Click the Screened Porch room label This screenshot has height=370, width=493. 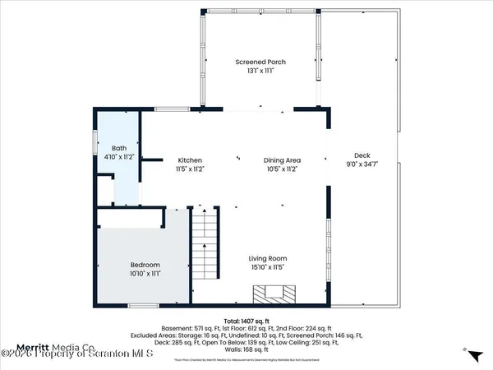(260, 62)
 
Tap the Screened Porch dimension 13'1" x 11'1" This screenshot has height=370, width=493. (260, 71)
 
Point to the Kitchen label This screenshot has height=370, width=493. (189, 160)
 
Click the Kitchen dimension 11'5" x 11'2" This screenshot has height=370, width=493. (189, 169)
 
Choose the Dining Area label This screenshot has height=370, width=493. (281, 160)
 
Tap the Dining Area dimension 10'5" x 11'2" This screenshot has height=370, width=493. (281, 169)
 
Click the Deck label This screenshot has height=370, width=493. (362, 155)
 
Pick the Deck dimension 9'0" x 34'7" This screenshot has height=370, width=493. (362, 164)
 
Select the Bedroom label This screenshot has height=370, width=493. (145, 264)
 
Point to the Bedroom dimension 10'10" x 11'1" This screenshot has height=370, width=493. (145, 273)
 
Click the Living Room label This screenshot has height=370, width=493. (269, 258)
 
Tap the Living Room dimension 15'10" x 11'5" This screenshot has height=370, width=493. (269, 267)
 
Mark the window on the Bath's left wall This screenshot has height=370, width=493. (95, 151)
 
